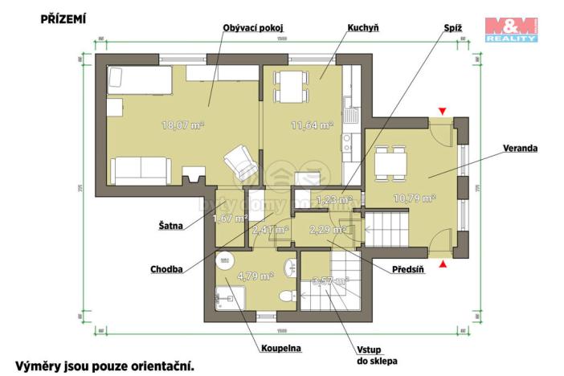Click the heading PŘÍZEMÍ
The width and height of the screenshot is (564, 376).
[63, 18]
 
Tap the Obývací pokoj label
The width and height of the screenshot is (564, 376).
[253, 28]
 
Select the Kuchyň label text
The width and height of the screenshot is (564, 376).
[363, 28]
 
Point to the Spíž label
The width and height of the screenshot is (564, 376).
[453, 28]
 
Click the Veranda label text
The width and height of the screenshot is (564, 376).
[521, 149]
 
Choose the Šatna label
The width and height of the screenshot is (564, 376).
[170, 227]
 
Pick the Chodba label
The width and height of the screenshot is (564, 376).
[166, 269]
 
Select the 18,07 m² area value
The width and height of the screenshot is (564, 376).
[182, 125]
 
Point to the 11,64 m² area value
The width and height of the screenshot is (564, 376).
[312, 125]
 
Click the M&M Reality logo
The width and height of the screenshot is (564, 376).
[510, 28]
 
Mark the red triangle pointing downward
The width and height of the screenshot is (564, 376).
[440, 111]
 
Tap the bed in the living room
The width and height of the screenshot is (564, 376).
[140, 80]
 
